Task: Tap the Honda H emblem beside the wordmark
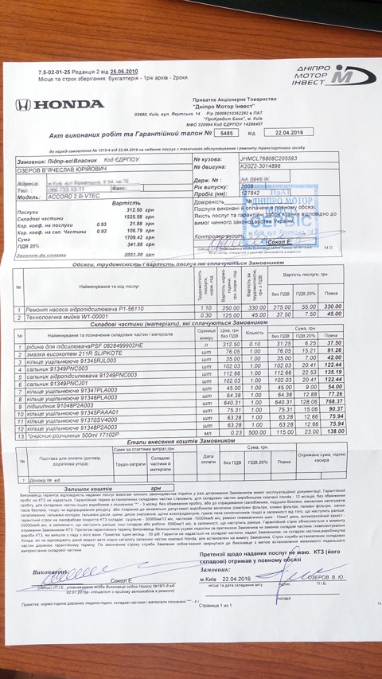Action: pos(24,104)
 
